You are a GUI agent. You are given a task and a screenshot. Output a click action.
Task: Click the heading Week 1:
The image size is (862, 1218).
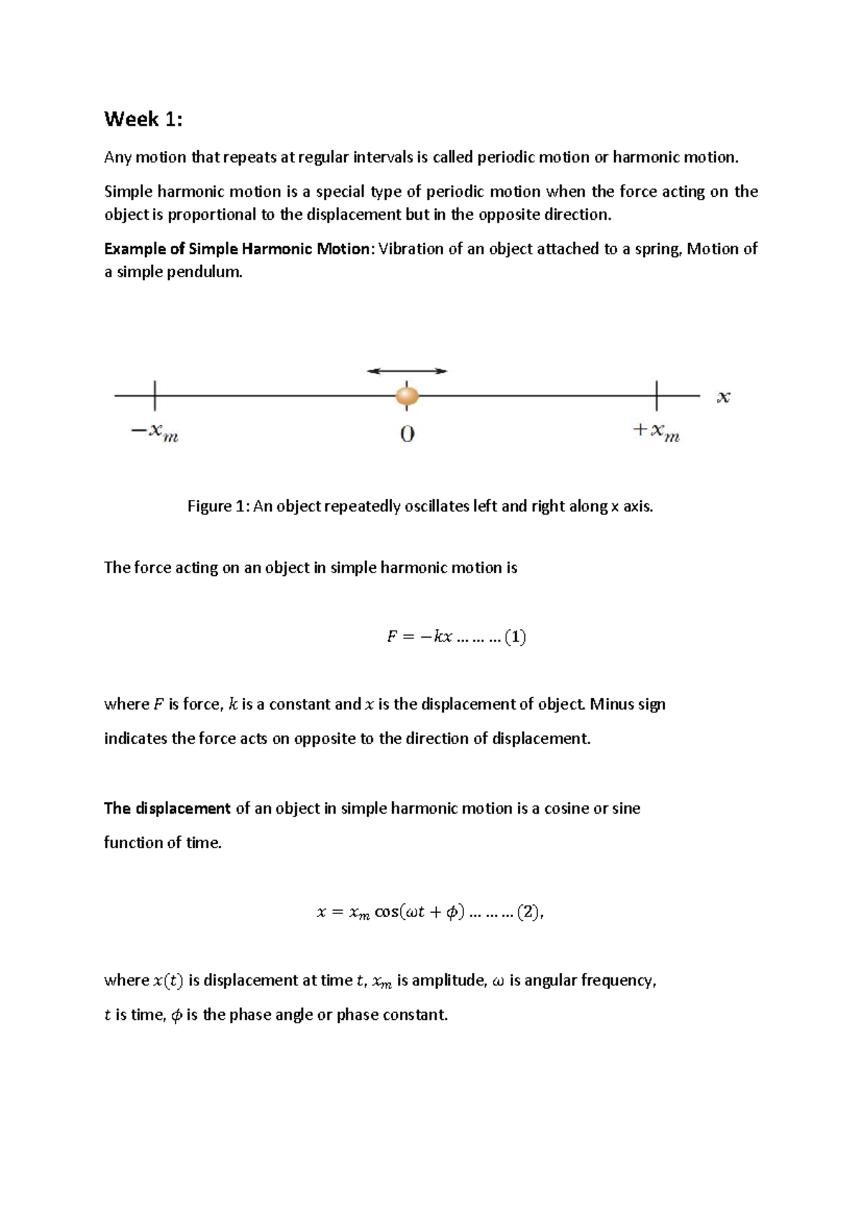[x=143, y=119]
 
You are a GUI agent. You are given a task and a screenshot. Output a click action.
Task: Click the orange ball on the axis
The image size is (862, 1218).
[x=407, y=396]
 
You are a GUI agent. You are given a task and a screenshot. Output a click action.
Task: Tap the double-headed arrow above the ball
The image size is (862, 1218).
[x=407, y=371]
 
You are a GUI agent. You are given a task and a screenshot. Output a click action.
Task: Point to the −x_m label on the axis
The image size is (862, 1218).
[x=154, y=432]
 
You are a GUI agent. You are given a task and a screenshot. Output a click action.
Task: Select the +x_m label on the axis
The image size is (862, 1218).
[x=656, y=432]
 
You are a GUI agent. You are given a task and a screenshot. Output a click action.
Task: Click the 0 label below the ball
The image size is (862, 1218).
[x=407, y=434]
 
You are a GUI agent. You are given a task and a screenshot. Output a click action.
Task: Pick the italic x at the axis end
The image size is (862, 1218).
[x=723, y=397]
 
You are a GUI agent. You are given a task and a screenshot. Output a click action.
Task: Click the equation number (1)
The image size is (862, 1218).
[x=516, y=637]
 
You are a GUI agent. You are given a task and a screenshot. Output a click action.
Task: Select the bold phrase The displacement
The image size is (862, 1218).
[x=167, y=809]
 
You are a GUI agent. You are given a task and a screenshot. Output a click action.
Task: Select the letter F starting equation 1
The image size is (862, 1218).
[x=391, y=637]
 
